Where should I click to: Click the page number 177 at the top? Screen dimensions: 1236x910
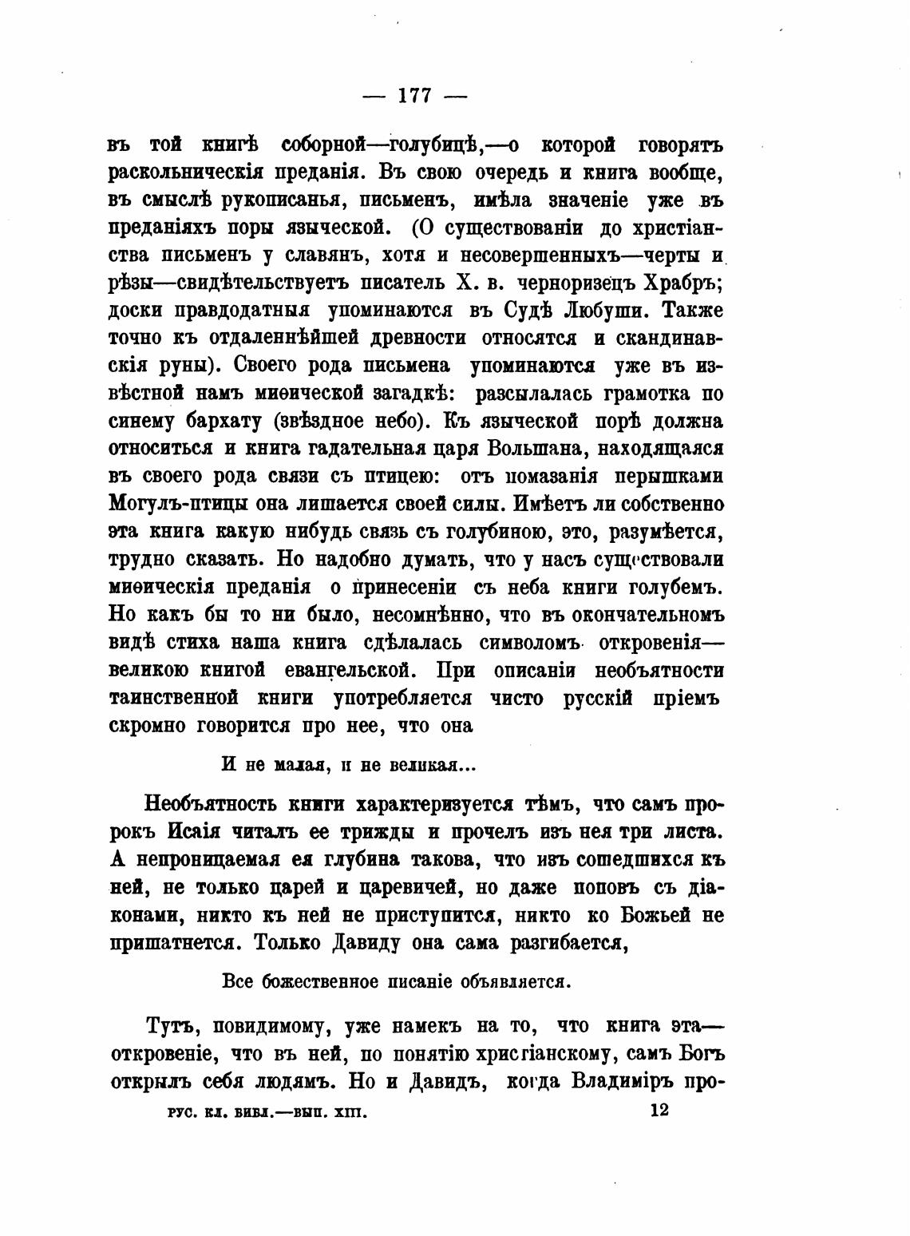[414, 95]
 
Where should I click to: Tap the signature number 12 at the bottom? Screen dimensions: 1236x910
[659, 1109]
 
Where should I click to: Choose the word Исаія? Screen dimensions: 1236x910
[195, 830]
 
